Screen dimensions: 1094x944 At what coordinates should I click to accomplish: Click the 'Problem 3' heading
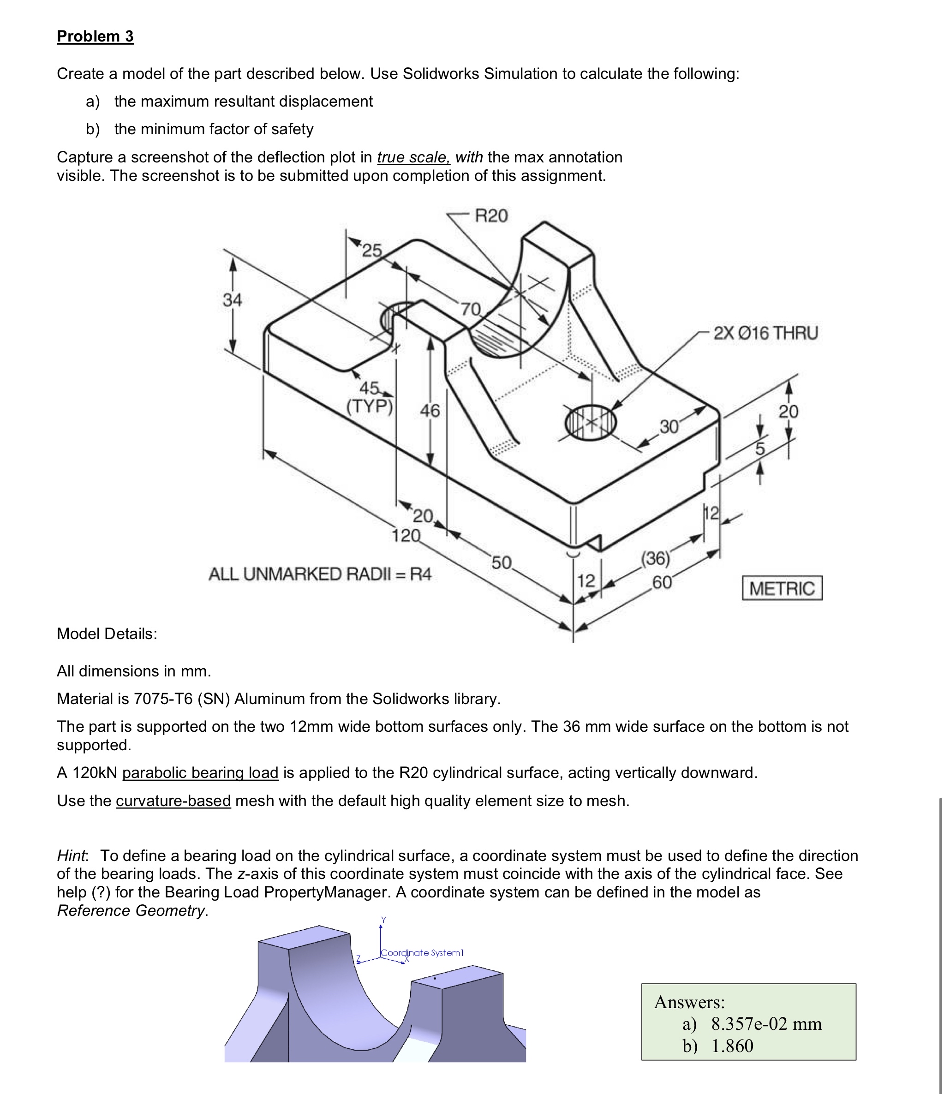click(95, 36)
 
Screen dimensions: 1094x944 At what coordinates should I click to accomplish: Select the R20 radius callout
click(490, 215)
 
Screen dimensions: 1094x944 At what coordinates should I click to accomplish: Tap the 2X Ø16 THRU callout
click(765, 333)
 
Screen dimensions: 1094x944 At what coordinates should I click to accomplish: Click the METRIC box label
click(782, 588)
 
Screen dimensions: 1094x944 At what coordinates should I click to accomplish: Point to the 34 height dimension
click(232, 299)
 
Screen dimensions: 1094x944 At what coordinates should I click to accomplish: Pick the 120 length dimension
click(406, 535)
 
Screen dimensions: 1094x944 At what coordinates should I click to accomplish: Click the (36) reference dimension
click(655, 558)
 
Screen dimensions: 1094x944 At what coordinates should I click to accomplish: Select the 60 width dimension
click(662, 582)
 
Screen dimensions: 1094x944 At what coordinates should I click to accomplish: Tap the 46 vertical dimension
click(430, 410)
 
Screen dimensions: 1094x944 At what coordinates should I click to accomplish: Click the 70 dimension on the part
click(471, 308)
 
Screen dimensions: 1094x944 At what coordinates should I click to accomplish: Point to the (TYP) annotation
click(370, 407)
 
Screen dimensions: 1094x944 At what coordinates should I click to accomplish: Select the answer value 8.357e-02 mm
click(766, 1023)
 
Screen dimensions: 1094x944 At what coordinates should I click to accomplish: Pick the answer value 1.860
click(732, 1046)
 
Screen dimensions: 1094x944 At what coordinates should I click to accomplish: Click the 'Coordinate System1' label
click(422, 952)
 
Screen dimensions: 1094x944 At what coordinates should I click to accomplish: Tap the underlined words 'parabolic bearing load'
click(200, 772)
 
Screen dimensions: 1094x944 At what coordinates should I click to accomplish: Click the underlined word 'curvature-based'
click(173, 801)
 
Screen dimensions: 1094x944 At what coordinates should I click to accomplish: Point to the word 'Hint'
click(72, 855)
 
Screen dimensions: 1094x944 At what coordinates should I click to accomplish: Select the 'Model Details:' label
click(107, 633)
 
